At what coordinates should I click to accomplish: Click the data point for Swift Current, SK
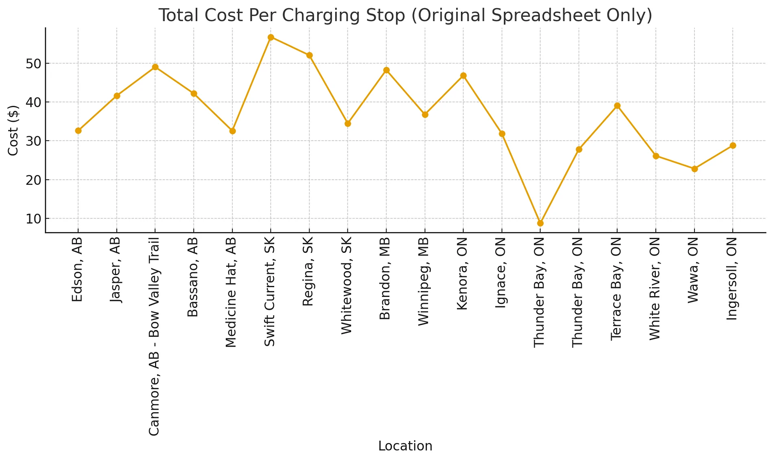coord(271,37)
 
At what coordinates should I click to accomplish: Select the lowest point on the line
coord(540,223)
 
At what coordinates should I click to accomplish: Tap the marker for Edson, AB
coord(78,131)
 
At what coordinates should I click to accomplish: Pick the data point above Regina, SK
coord(309,55)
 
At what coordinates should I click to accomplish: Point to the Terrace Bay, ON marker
coord(617,106)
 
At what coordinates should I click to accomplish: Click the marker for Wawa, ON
coord(694,169)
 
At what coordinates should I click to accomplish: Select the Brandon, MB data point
coord(386,70)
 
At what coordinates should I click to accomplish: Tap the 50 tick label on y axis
coord(33,64)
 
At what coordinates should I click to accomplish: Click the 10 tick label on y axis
coord(33,219)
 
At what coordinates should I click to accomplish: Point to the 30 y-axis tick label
coord(33,141)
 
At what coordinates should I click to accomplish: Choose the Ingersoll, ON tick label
coord(732,279)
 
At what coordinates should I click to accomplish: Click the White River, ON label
coord(655,289)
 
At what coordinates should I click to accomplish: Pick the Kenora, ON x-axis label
coord(463,274)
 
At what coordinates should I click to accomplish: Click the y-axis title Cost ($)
coord(13,130)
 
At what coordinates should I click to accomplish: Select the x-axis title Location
coord(405,446)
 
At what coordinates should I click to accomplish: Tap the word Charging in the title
coord(316,15)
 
